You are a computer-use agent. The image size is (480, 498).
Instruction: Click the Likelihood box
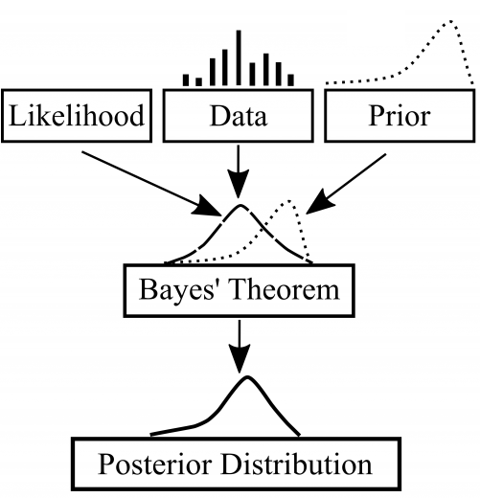77,117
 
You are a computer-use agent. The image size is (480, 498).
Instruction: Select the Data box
239,117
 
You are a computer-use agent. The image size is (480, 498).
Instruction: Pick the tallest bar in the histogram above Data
239,57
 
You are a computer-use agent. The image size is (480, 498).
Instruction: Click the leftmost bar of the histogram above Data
188,81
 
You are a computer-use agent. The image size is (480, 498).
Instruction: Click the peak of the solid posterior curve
247,378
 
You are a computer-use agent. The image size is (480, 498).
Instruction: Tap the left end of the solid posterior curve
150,434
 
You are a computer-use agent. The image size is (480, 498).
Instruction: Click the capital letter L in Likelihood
17,117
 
